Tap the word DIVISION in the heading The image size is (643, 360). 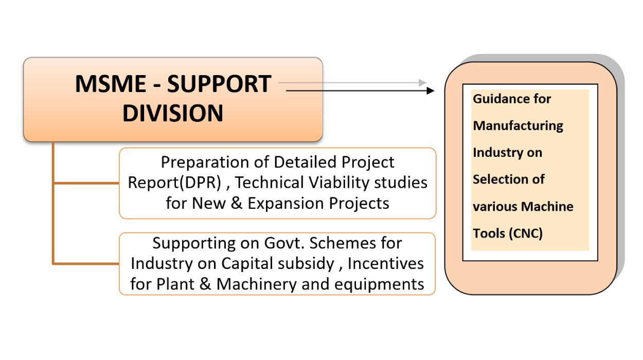(x=173, y=113)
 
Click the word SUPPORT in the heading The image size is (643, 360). (x=219, y=84)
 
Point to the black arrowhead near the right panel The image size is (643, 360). (x=431, y=91)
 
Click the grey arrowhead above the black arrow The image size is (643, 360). (x=423, y=82)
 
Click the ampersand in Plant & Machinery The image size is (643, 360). (x=206, y=284)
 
